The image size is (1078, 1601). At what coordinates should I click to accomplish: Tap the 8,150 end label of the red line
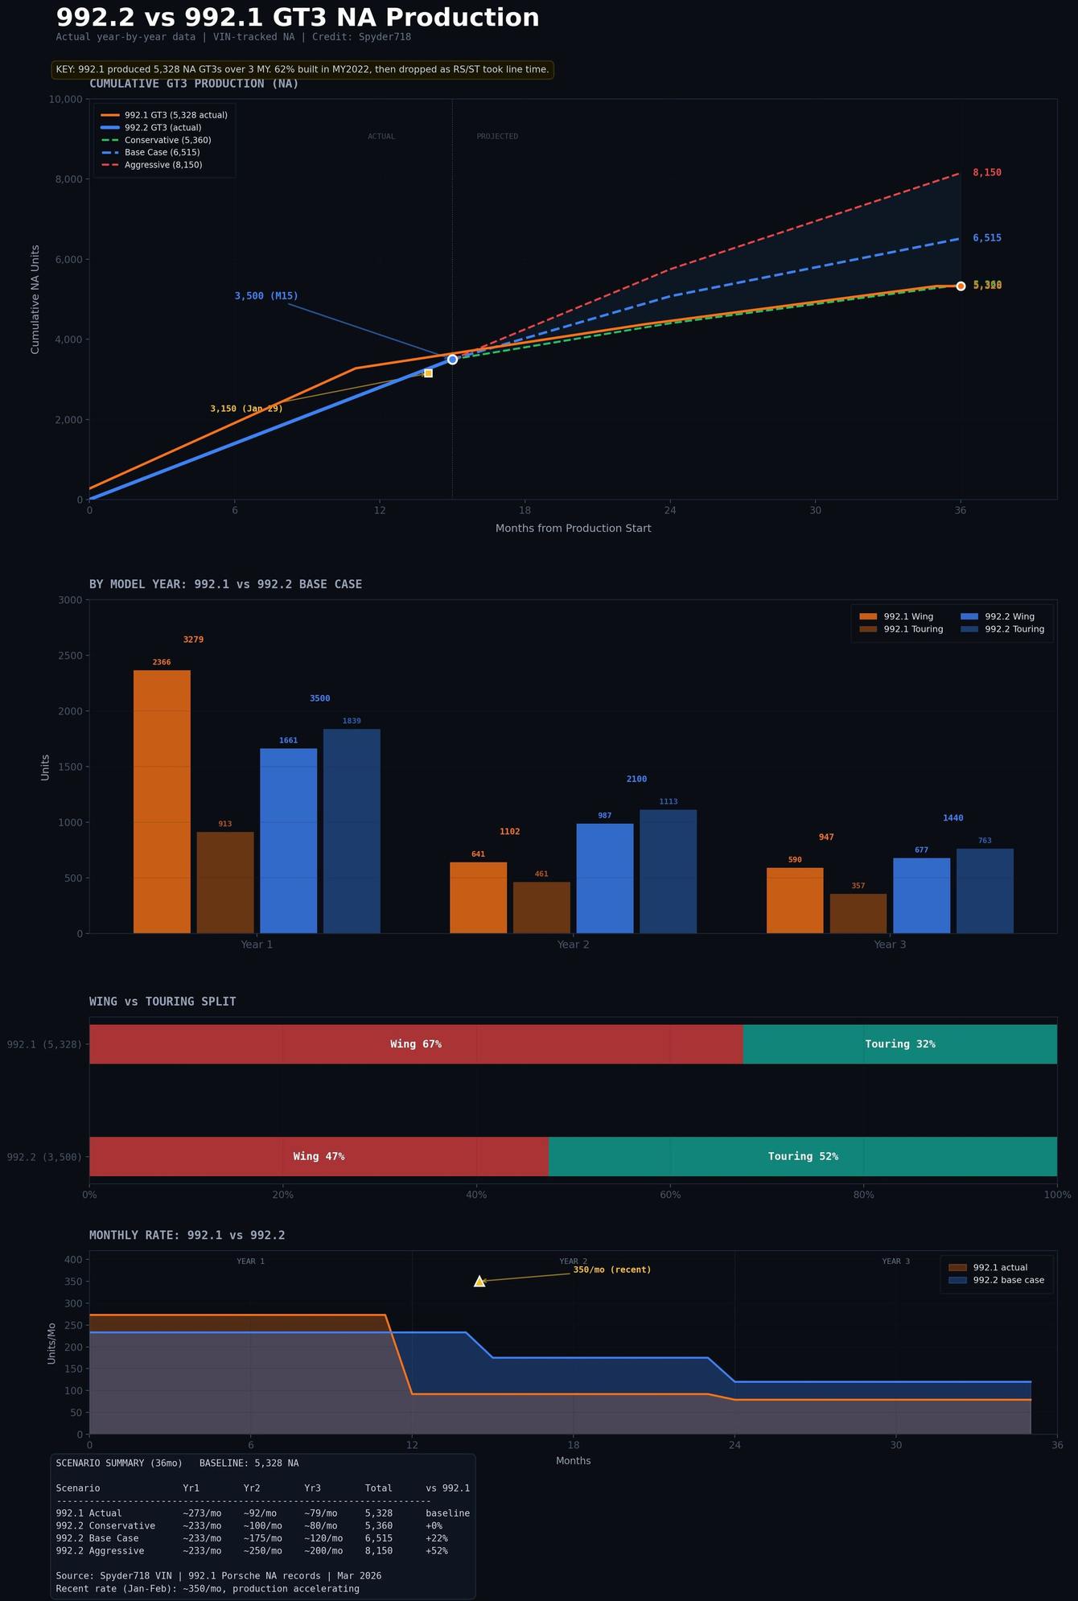(x=986, y=173)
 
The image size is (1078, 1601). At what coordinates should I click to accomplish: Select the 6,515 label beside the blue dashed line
(x=986, y=238)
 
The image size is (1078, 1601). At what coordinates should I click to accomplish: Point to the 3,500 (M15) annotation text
(x=266, y=296)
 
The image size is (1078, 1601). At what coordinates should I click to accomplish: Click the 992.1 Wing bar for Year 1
(x=162, y=801)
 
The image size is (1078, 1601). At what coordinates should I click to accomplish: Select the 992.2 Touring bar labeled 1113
(x=668, y=871)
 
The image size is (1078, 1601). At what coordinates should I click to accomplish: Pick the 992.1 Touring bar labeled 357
(x=858, y=913)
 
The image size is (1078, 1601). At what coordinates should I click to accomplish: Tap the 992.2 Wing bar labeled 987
(x=605, y=878)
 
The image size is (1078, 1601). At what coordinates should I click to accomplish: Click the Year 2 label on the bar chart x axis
(x=573, y=945)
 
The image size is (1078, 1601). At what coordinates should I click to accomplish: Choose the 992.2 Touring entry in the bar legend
(x=1014, y=629)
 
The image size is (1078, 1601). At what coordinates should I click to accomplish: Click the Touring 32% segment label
(x=899, y=1044)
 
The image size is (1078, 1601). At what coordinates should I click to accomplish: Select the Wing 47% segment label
(x=319, y=1156)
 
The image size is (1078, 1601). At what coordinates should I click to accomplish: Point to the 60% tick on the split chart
(x=670, y=1195)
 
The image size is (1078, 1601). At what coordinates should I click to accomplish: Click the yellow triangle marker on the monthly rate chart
(x=479, y=1282)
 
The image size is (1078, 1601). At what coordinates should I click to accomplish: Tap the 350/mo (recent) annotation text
(x=611, y=1270)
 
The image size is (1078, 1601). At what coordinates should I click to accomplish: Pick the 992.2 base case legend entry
(x=1008, y=1280)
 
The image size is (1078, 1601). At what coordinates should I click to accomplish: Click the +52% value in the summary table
(x=437, y=1551)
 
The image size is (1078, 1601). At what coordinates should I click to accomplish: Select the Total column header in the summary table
(x=378, y=1488)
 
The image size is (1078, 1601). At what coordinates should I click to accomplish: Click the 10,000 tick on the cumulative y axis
(x=66, y=99)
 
